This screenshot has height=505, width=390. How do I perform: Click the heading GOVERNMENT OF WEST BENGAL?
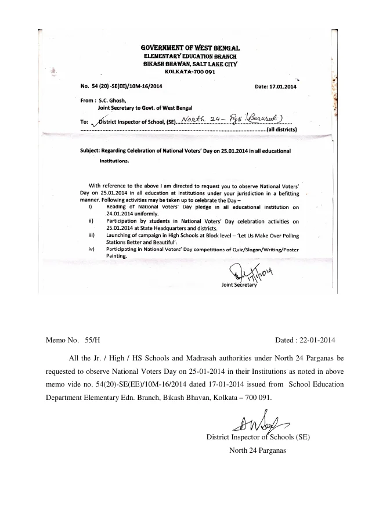191,47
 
